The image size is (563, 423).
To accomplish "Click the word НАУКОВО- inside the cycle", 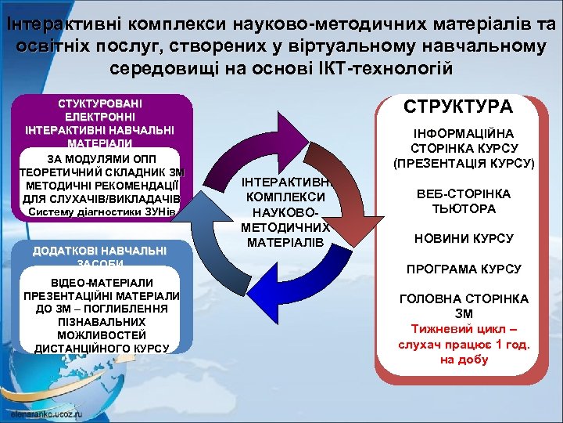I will (283, 212).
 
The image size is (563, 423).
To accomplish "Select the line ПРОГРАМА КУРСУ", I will (464, 269).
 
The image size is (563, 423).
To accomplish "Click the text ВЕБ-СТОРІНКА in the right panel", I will (464, 193).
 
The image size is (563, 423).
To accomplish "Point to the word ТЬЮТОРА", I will (464, 208).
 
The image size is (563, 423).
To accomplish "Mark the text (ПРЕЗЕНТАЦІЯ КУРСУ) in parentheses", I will (464, 164).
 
